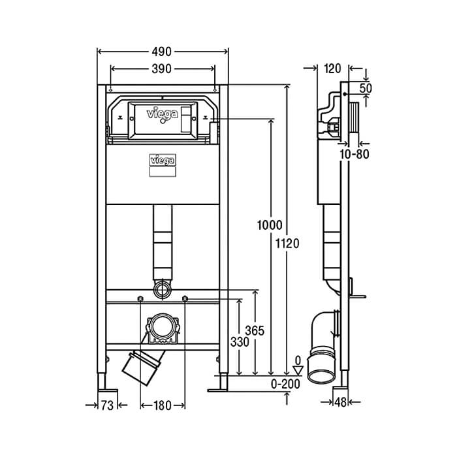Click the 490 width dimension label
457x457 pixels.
coord(162,52)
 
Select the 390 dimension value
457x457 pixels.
coord(162,69)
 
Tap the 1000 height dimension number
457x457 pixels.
coord(270,225)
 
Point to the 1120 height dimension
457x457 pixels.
coord(288,244)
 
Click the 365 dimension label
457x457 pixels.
coord(255,331)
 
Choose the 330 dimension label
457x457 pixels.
coord(240,342)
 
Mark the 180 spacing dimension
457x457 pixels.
coord(163,405)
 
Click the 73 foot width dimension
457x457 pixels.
coord(107,405)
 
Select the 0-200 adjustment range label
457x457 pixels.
coord(285,384)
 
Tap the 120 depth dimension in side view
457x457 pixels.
coord(332,69)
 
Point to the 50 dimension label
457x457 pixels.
coord(366,88)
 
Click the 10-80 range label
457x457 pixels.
coord(355,154)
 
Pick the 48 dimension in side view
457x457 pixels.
coord(340,403)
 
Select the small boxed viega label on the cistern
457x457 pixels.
coord(163,160)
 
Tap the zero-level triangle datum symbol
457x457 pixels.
coord(298,371)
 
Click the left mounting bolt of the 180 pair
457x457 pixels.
coord(140,298)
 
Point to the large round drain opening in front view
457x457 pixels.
coord(163,326)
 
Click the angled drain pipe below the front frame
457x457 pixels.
coord(144,368)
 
